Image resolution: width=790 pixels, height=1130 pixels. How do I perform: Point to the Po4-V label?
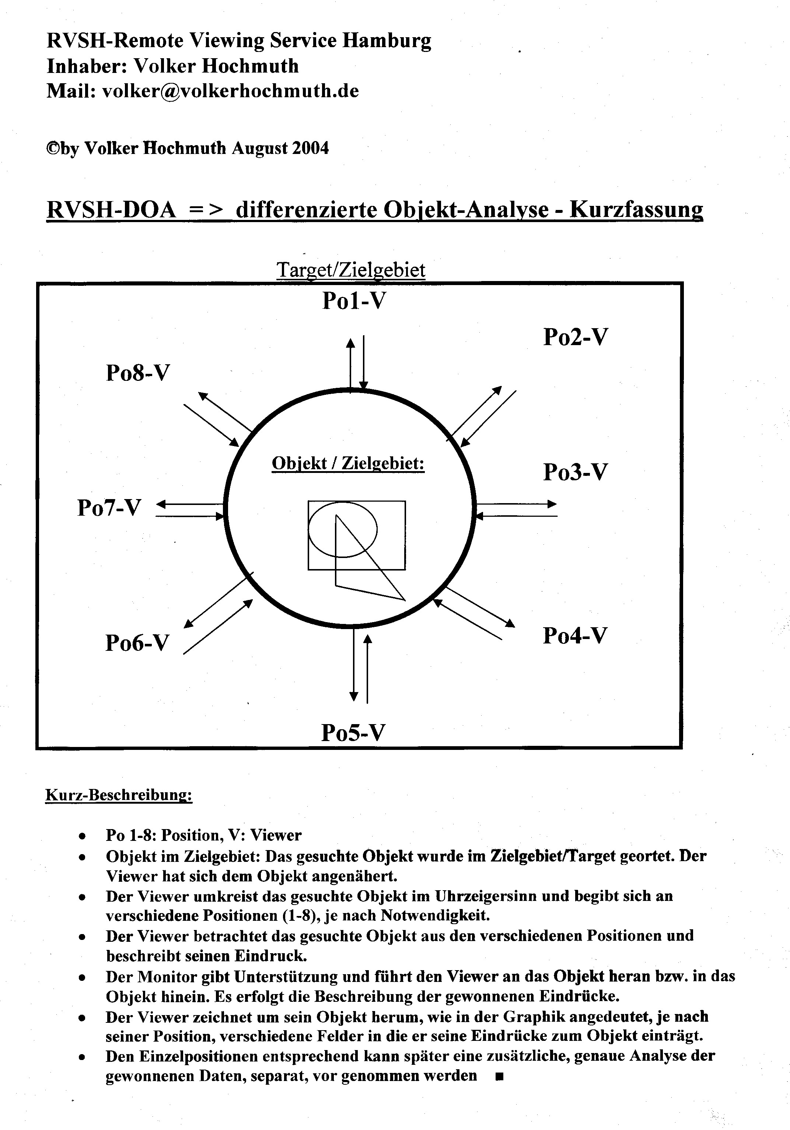point(575,635)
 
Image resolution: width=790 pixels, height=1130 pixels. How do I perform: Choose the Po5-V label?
point(353,732)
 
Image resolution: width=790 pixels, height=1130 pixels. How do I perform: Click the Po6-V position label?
point(137,643)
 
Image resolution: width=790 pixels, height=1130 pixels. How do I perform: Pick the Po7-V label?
point(109,508)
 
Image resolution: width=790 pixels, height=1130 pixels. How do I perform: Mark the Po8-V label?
point(138,373)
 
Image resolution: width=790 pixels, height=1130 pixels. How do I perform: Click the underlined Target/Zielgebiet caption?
point(351,270)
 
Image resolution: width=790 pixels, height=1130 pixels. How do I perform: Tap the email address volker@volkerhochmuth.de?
point(230,91)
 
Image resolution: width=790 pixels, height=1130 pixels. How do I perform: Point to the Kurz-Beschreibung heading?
point(119,795)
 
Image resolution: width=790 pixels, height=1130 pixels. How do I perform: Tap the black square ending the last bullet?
point(500,1076)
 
